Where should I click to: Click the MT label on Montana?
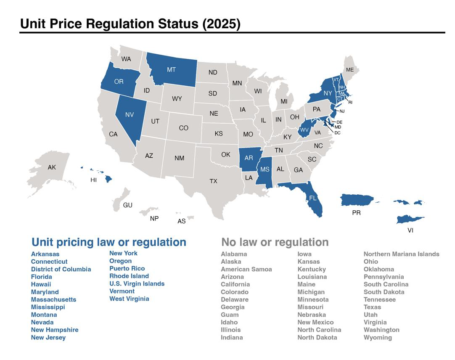(x=171, y=70)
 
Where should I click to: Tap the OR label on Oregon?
(x=119, y=82)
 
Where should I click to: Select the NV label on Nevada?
(x=130, y=115)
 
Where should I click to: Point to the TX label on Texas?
(x=213, y=181)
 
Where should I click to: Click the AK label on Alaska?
(x=52, y=167)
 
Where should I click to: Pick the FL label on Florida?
(x=312, y=198)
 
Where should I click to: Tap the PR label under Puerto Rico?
(x=356, y=213)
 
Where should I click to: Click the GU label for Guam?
(x=128, y=205)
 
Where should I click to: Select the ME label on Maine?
(x=350, y=70)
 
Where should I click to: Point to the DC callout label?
(x=337, y=133)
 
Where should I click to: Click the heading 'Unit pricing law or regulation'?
(x=109, y=242)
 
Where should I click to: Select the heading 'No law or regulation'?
(x=275, y=242)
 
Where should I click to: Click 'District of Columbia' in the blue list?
(x=61, y=269)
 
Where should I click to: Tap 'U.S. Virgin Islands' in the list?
(x=137, y=283)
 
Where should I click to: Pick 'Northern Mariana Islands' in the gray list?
(x=401, y=254)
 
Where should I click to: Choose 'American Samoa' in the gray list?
(x=246, y=269)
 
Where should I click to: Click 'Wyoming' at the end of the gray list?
(x=378, y=338)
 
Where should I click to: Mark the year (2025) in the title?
(x=222, y=24)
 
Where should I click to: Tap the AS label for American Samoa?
(x=181, y=221)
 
